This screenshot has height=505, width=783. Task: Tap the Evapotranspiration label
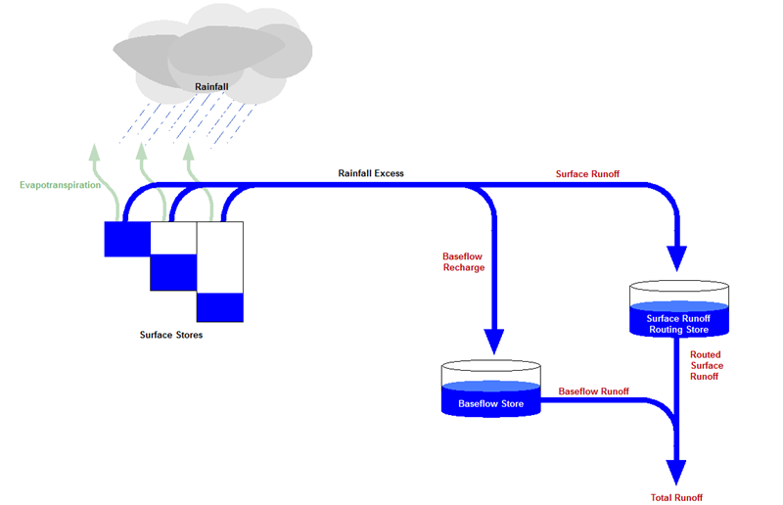[60, 183]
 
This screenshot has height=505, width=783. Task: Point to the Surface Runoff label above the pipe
[587, 174]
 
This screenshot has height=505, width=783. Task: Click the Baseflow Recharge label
[464, 262]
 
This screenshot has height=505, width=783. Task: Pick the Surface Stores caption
[171, 336]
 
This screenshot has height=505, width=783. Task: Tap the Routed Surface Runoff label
[705, 365]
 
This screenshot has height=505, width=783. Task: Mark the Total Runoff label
[676, 497]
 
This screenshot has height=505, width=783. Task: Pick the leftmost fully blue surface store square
[127, 240]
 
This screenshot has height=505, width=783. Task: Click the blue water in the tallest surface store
[219, 307]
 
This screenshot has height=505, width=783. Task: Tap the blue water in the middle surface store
[173, 273]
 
